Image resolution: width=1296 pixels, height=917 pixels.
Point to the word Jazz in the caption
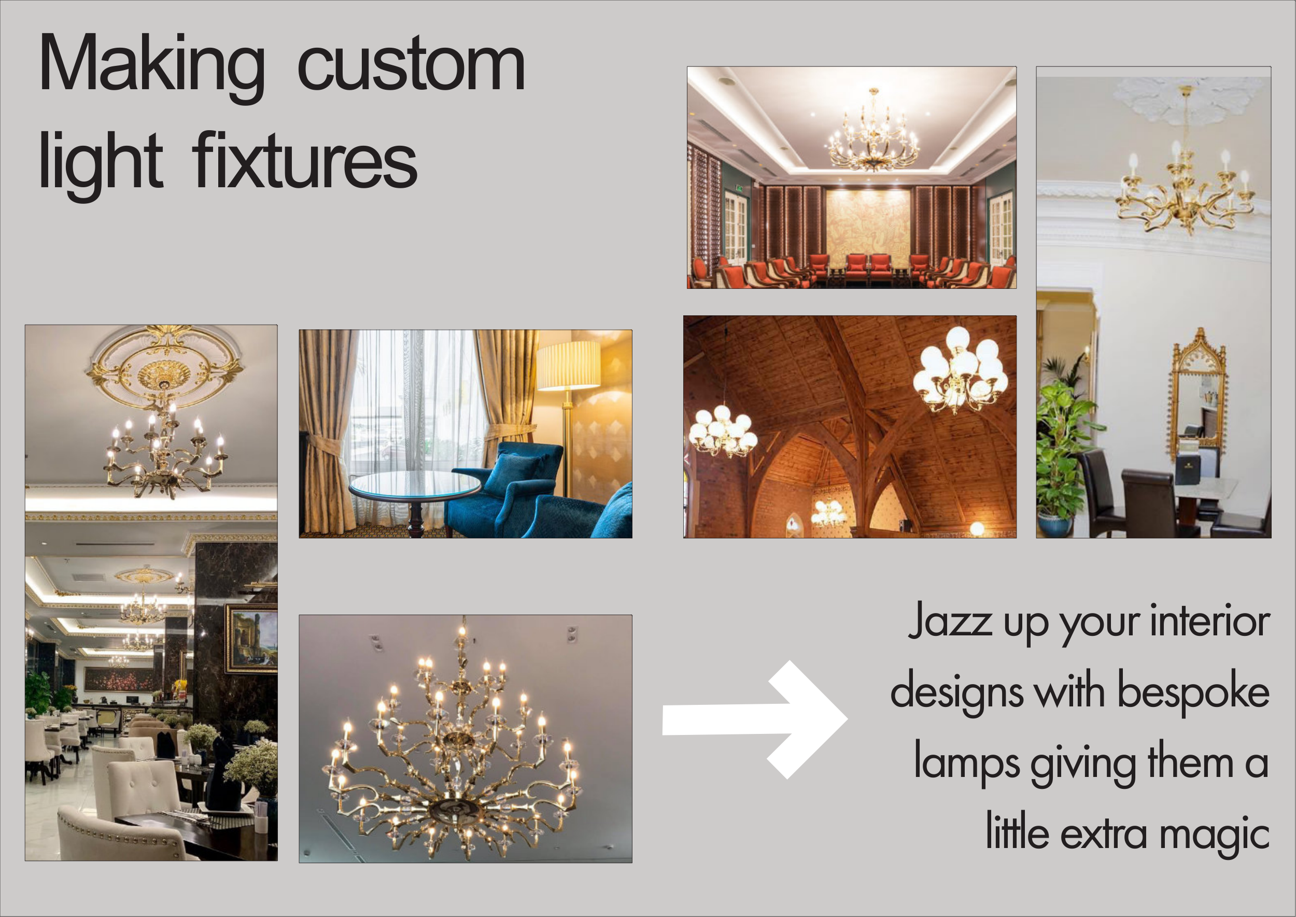tap(951, 622)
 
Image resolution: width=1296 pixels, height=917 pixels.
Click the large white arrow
tap(755, 719)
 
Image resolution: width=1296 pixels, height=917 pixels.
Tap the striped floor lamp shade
tap(568, 365)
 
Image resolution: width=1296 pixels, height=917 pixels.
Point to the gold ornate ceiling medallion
tap(164, 366)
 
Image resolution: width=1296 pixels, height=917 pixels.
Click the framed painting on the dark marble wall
tap(251, 638)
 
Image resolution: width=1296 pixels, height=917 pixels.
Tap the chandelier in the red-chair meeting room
tap(873, 133)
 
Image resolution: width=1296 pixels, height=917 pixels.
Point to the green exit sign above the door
tap(739, 188)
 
